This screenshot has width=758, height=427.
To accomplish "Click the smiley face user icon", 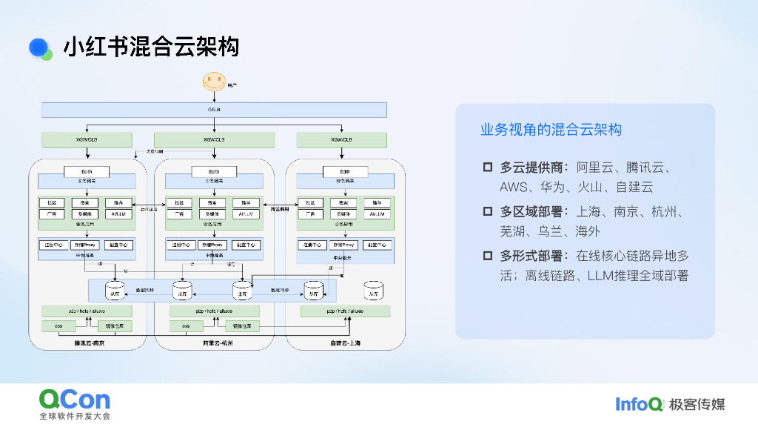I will point(214,82).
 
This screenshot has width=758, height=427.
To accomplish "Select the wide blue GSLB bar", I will point(214,110).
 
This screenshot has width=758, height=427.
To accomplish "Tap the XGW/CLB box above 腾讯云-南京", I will point(87,139).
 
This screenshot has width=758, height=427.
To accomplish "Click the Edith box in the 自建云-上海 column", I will point(344,172).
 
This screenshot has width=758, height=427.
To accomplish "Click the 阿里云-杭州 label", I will point(218,343).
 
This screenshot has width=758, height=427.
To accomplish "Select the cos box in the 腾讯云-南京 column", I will point(58,326).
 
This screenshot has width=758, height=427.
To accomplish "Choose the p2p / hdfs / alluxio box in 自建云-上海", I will point(346,311).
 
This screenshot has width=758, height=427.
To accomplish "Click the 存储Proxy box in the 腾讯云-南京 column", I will point(86,245).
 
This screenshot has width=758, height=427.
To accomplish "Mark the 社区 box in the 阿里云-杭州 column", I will point(179,203).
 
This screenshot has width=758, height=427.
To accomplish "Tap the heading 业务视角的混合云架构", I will point(551,130).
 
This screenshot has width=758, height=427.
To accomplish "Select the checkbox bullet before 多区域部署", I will point(487,211).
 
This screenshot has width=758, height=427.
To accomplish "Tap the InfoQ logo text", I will point(639,404).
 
